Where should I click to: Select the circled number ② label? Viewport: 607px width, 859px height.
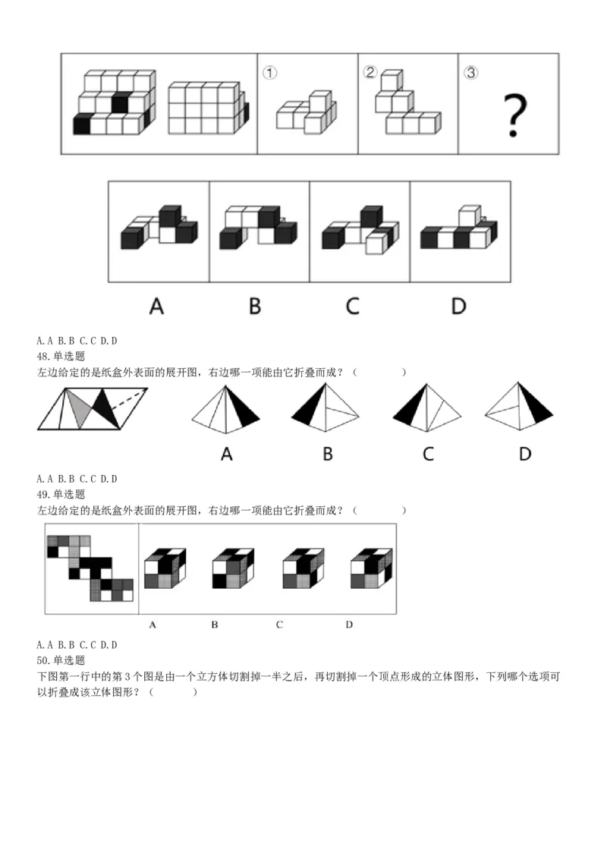(x=370, y=72)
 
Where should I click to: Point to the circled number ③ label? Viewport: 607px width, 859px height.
(x=471, y=73)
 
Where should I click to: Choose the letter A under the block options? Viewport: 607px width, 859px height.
(x=156, y=306)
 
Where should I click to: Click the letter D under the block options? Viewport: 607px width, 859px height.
(x=458, y=306)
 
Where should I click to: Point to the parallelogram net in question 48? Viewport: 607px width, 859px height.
(x=93, y=409)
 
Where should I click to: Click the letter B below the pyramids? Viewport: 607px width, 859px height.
(x=328, y=454)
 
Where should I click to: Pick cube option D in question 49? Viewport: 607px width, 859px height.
(x=371, y=568)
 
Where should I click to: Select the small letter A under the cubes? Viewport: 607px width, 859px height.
(x=153, y=625)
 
